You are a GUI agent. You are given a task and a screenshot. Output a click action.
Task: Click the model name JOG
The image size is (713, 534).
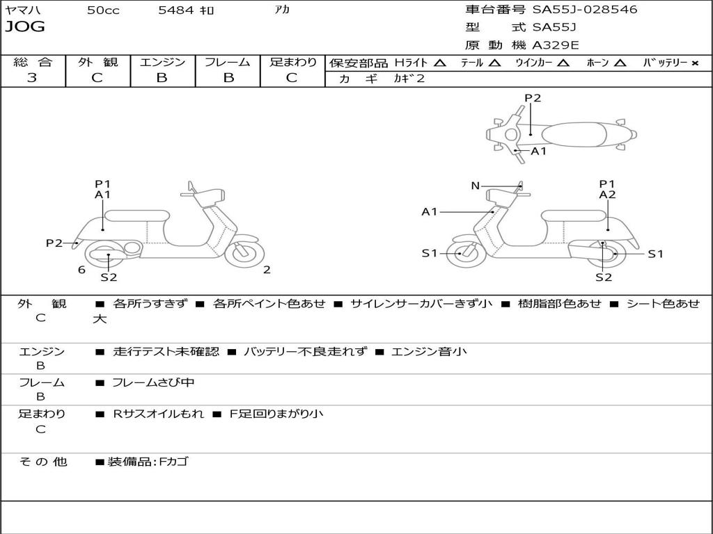coord(25,27)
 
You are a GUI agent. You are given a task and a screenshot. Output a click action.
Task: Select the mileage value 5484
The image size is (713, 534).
coord(177,10)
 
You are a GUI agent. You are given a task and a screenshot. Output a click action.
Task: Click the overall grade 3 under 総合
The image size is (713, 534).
coord(32,78)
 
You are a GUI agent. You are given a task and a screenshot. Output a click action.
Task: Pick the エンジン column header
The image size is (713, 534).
coord(162,62)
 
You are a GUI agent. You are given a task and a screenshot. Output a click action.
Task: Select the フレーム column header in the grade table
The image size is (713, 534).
coord(228,62)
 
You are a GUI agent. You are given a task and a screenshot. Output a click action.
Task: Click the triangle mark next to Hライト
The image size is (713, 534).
coord(439,63)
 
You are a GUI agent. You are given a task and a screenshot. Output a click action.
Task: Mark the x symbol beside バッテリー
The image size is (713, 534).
coord(694,63)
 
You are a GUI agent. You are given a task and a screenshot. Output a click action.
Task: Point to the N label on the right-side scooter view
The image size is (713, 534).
coord(476,186)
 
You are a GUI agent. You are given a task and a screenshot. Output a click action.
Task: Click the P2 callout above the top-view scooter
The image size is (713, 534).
coord(533,98)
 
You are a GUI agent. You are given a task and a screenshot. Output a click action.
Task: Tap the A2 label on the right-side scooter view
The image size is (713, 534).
coord(607,195)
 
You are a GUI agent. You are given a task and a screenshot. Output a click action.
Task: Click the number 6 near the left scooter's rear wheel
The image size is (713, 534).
coord(81,270)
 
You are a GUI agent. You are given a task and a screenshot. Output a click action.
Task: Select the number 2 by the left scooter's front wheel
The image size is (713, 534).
coord(267,270)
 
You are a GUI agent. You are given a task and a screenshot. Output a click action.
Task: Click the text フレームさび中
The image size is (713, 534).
coord(153,382)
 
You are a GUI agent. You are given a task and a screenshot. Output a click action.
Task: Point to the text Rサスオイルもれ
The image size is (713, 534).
coord(159,414)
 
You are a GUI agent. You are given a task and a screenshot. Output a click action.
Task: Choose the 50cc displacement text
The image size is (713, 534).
coord(103,10)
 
